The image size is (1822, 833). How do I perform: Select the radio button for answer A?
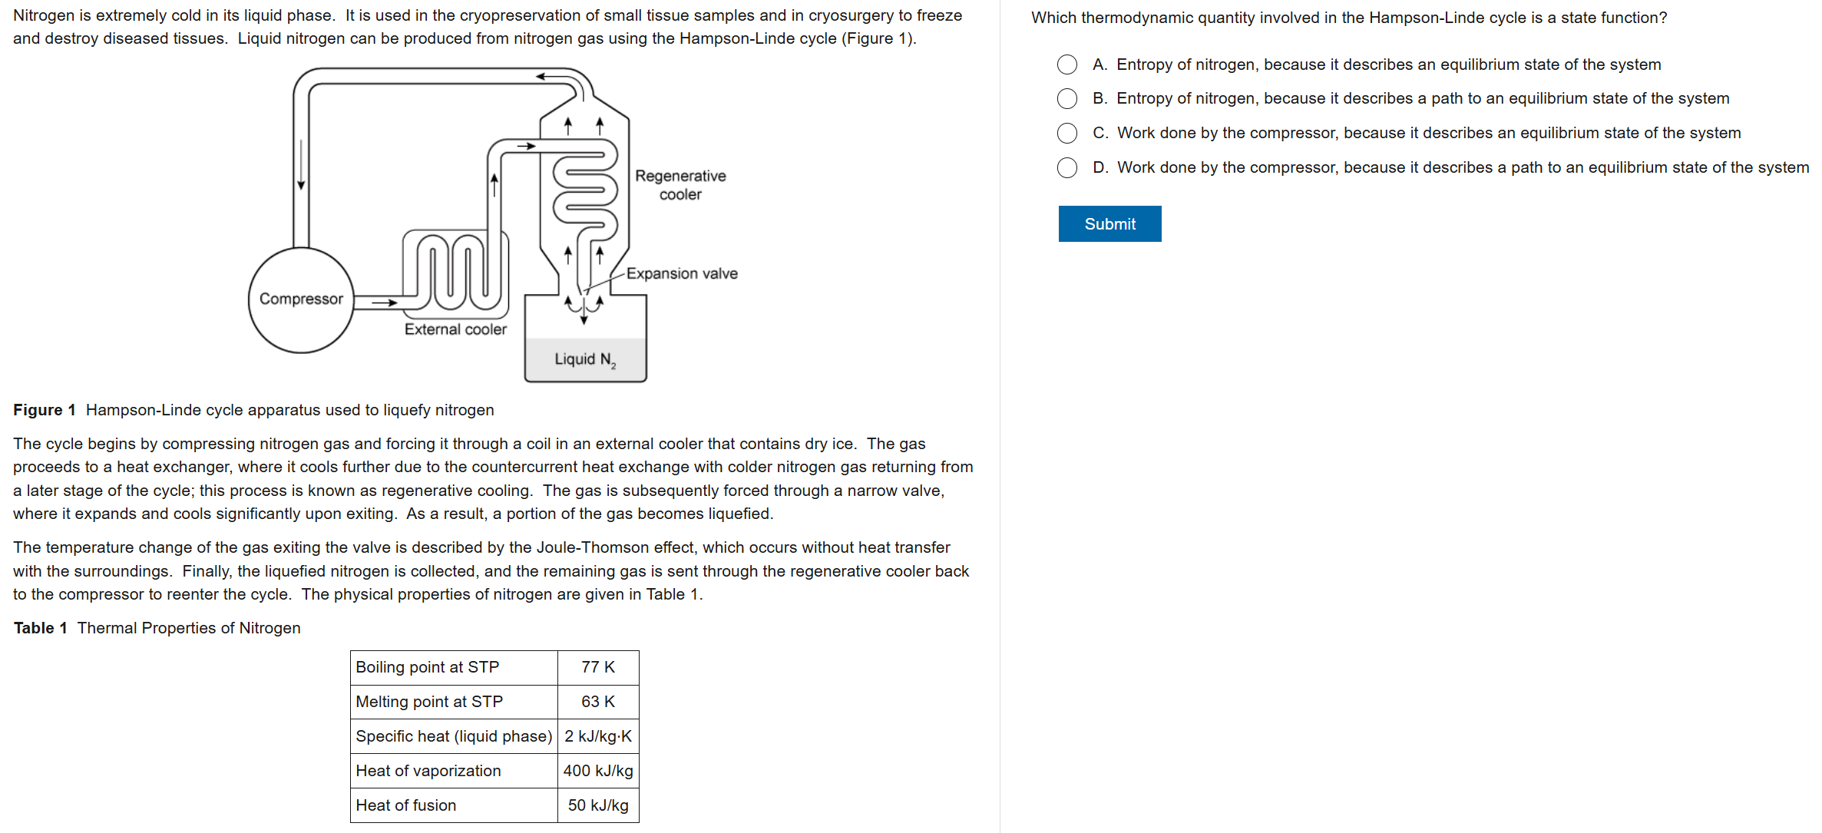pyautogui.click(x=1067, y=64)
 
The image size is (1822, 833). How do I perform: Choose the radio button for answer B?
pyautogui.click(x=1067, y=98)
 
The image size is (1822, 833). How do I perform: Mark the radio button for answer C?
pyautogui.click(x=1067, y=133)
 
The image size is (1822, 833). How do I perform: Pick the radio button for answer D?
pyautogui.click(x=1067, y=167)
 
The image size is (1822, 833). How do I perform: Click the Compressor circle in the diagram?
pyautogui.click(x=301, y=299)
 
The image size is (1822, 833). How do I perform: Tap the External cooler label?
pyautogui.click(x=455, y=329)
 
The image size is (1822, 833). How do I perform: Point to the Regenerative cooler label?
pyautogui.click(x=680, y=185)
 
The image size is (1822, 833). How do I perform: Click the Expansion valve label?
pyautogui.click(x=682, y=273)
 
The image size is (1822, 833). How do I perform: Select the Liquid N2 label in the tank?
pyautogui.click(x=585, y=359)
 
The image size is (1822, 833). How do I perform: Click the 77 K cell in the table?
pyautogui.click(x=598, y=667)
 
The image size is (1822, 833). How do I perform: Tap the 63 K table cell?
pyautogui.click(x=598, y=702)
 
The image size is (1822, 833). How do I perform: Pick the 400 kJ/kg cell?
pyautogui.click(x=598, y=771)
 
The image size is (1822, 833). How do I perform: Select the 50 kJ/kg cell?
pyautogui.click(x=598, y=805)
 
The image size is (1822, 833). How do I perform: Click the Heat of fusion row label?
pyautogui.click(x=406, y=805)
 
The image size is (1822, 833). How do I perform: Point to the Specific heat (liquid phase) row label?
pyautogui.click(x=454, y=736)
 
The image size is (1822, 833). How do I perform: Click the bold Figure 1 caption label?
pyautogui.click(x=45, y=410)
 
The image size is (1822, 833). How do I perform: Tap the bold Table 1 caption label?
pyautogui.click(x=41, y=628)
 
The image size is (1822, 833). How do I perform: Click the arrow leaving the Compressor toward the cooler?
pyautogui.click(x=384, y=302)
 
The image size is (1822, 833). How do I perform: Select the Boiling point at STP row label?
pyautogui.click(x=428, y=667)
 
